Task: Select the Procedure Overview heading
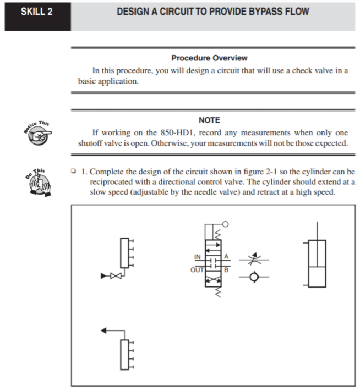click(x=209, y=58)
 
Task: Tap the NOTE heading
click(x=209, y=120)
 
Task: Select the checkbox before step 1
click(x=74, y=172)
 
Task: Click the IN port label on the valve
click(x=198, y=257)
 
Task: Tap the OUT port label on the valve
click(x=196, y=269)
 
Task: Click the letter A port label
click(x=226, y=257)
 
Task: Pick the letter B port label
click(x=226, y=269)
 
